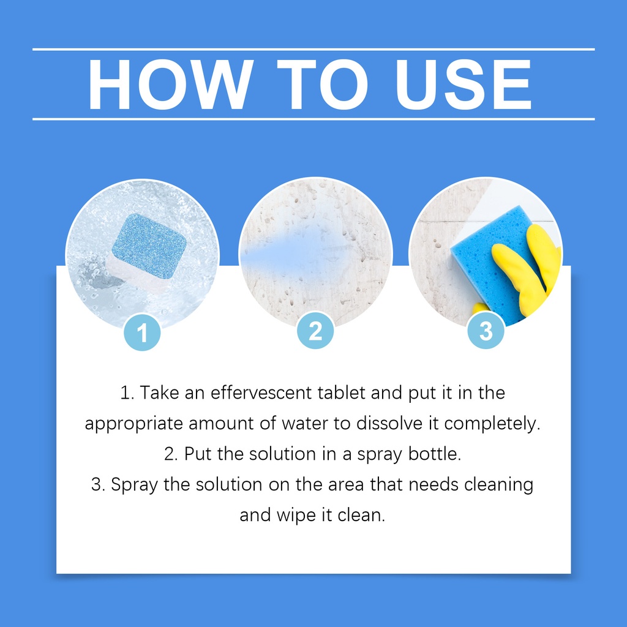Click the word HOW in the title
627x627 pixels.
point(171,84)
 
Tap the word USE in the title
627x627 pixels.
point(464,84)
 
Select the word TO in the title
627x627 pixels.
point(323,84)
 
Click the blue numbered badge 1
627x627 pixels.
point(142,332)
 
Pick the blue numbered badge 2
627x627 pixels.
point(315,331)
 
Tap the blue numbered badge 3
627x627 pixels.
point(486,331)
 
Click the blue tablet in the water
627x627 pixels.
point(149,246)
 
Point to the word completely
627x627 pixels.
point(492,424)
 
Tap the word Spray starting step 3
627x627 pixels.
point(134,486)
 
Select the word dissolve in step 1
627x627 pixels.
point(389,424)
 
